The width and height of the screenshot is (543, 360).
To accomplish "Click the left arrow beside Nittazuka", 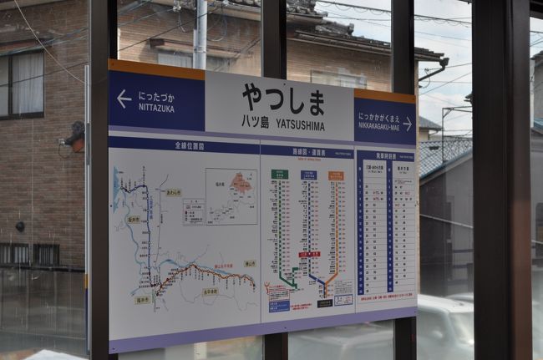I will (x=124, y=98).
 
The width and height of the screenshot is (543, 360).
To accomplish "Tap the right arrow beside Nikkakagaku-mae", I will (x=407, y=124).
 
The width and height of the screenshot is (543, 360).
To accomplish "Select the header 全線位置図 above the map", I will (x=190, y=145).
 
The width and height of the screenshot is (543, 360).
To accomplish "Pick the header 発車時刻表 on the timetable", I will (x=385, y=156).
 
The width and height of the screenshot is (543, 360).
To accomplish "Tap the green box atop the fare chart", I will (x=280, y=174).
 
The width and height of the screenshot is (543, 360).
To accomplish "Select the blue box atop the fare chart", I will (x=308, y=175).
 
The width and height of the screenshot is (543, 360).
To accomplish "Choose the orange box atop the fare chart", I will (x=336, y=175).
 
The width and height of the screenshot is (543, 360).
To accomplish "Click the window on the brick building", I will (x=22, y=84).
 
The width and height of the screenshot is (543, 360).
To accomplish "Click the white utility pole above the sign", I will (x=200, y=34).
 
